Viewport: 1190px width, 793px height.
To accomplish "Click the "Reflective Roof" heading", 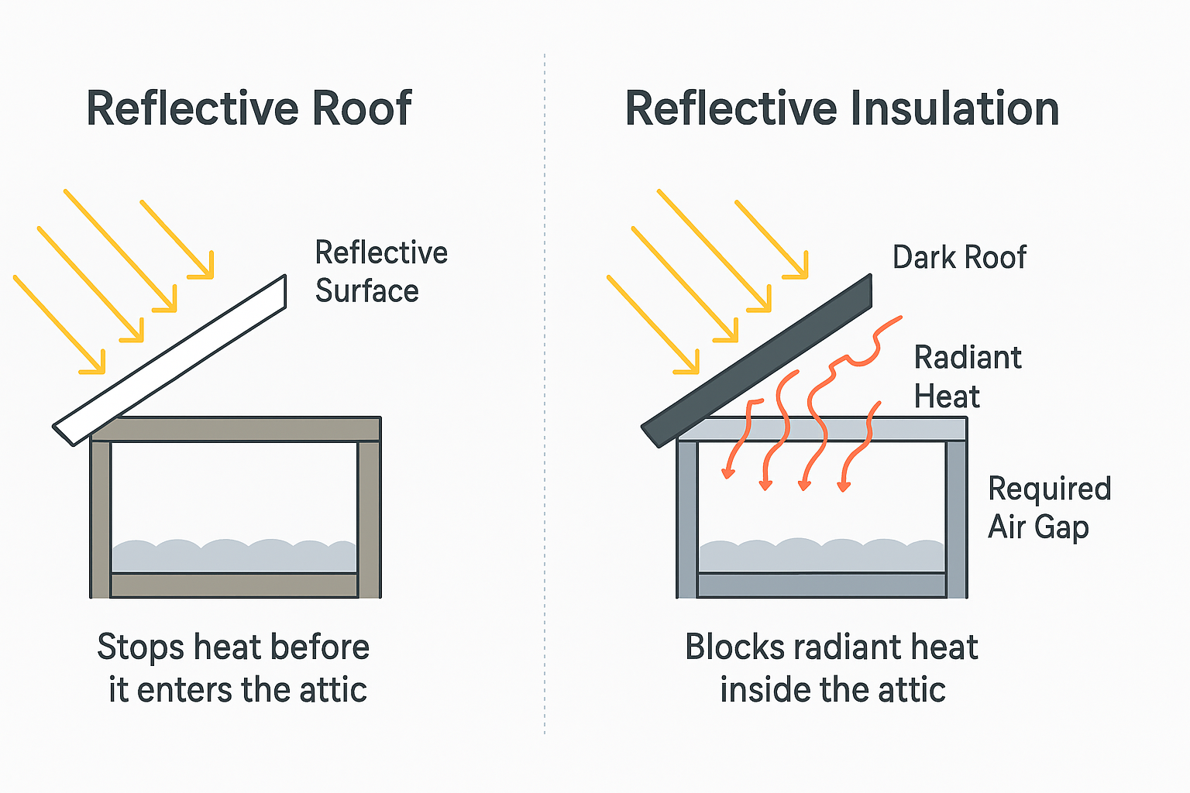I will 249,108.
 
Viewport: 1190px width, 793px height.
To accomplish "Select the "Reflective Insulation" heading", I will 841,108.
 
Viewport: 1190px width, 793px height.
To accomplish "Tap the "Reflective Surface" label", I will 380,272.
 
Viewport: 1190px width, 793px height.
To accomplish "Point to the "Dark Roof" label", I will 959,257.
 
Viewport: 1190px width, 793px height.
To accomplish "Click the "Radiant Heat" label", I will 967,377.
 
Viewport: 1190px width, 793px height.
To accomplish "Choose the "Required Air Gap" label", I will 1049,508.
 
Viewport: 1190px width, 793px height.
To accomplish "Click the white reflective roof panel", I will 170,360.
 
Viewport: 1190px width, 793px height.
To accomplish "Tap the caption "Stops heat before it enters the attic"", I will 234,668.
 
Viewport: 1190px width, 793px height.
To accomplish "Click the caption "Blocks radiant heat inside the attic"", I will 832,668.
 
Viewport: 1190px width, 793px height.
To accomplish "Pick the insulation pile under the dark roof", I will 821,556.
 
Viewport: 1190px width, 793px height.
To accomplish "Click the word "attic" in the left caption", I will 333,690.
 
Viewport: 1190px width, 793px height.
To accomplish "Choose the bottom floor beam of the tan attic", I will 234,585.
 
